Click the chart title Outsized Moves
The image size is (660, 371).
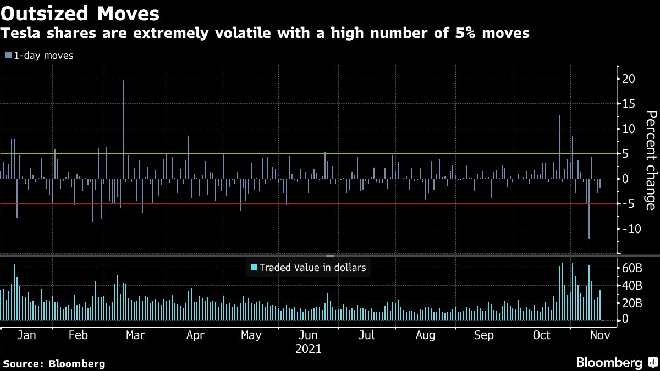[81, 13]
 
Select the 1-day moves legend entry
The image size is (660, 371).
[39, 56]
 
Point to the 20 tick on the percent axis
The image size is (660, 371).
[629, 79]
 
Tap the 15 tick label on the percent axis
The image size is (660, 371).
[629, 104]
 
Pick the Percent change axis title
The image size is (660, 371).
[650, 160]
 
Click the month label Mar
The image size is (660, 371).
[135, 336]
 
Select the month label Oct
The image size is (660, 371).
[542, 336]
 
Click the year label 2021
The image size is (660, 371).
[309, 349]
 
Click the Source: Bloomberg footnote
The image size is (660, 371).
[54, 363]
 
